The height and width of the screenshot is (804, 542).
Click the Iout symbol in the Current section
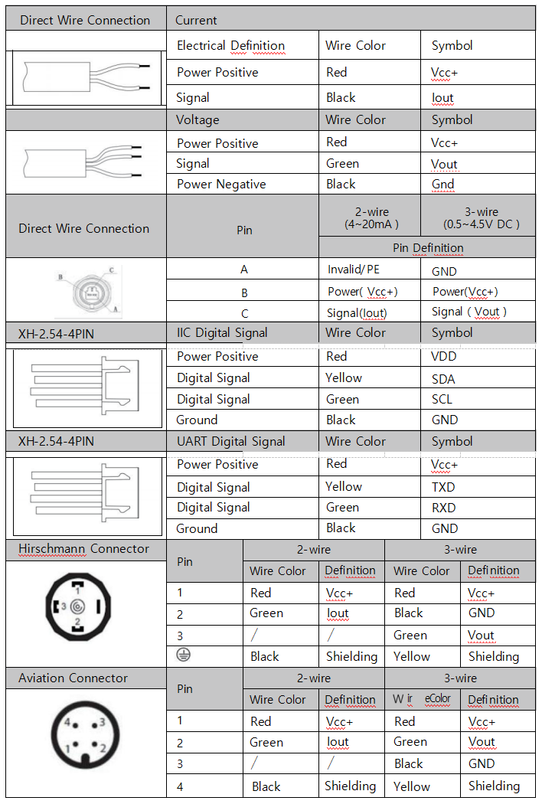442,98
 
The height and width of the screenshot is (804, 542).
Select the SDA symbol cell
442,378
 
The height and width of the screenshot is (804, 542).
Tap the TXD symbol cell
443,487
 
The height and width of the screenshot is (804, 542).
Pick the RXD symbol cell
443,508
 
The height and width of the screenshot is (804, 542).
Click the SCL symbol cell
442,400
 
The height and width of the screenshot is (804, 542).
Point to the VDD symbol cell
443,357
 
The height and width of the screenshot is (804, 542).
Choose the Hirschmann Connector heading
84,549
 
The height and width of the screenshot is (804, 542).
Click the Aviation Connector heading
73,678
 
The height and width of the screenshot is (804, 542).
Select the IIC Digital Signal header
222,332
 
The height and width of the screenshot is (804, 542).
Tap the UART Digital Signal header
230,441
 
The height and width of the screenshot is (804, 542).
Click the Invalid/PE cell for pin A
354,270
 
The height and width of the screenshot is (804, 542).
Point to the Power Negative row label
221,185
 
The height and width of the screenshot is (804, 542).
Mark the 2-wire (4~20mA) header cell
369,218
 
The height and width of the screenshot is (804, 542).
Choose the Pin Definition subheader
428,248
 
